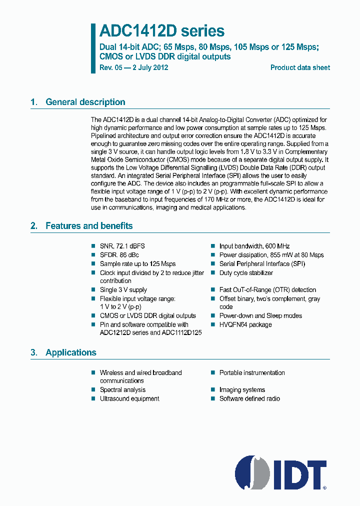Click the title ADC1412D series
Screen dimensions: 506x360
coord(162,31)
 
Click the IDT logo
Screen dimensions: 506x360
coord(281,472)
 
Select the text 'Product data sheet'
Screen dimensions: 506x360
coord(300,67)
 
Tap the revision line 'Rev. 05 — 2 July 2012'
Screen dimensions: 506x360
coord(134,67)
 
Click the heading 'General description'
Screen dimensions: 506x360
coord(85,102)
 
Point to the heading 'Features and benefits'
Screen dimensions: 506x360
coord(89,225)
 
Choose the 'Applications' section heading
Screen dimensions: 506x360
coord(70,352)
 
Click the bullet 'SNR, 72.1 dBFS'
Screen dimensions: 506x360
coord(122,246)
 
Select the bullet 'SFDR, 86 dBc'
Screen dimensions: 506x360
coord(119,255)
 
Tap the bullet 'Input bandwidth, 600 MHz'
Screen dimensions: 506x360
coord(254,246)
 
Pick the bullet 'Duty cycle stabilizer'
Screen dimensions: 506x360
coord(246,273)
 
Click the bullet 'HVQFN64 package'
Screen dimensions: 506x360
coord(245,324)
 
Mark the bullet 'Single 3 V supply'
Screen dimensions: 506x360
coord(123,289)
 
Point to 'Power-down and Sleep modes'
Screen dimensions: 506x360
coord(260,315)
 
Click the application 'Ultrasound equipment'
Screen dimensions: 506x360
coord(129,398)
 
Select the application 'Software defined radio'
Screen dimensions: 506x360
coord(249,398)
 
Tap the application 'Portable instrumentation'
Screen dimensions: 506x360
coord(252,372)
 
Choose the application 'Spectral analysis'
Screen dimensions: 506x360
coord(122,389)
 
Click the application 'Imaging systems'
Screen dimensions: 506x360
coord(242,389)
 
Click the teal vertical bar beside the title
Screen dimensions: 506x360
coord(93,47)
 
